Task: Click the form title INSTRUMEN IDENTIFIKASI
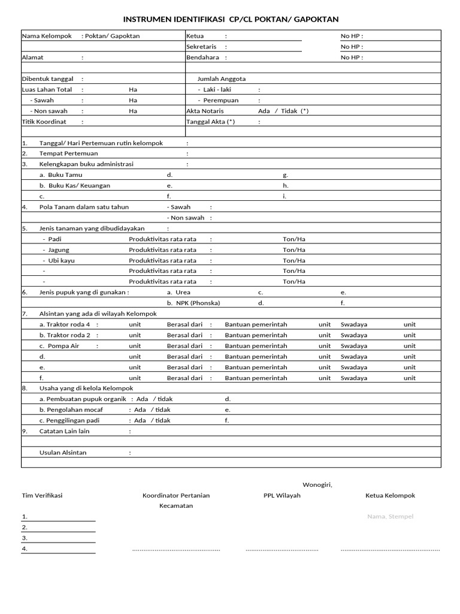click(231, 19)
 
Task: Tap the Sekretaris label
click(201, 47)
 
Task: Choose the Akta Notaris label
click(205, 111)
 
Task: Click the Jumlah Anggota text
click(222, 79)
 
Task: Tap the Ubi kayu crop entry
click(61, 261)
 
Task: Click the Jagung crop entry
click(59, 250)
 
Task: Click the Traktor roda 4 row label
click(64, 324)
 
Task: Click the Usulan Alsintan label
click(63, 453)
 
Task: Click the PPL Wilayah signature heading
click(282, 496)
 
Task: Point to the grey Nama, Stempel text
click(390, 517)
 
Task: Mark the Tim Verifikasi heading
click(42, 496)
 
